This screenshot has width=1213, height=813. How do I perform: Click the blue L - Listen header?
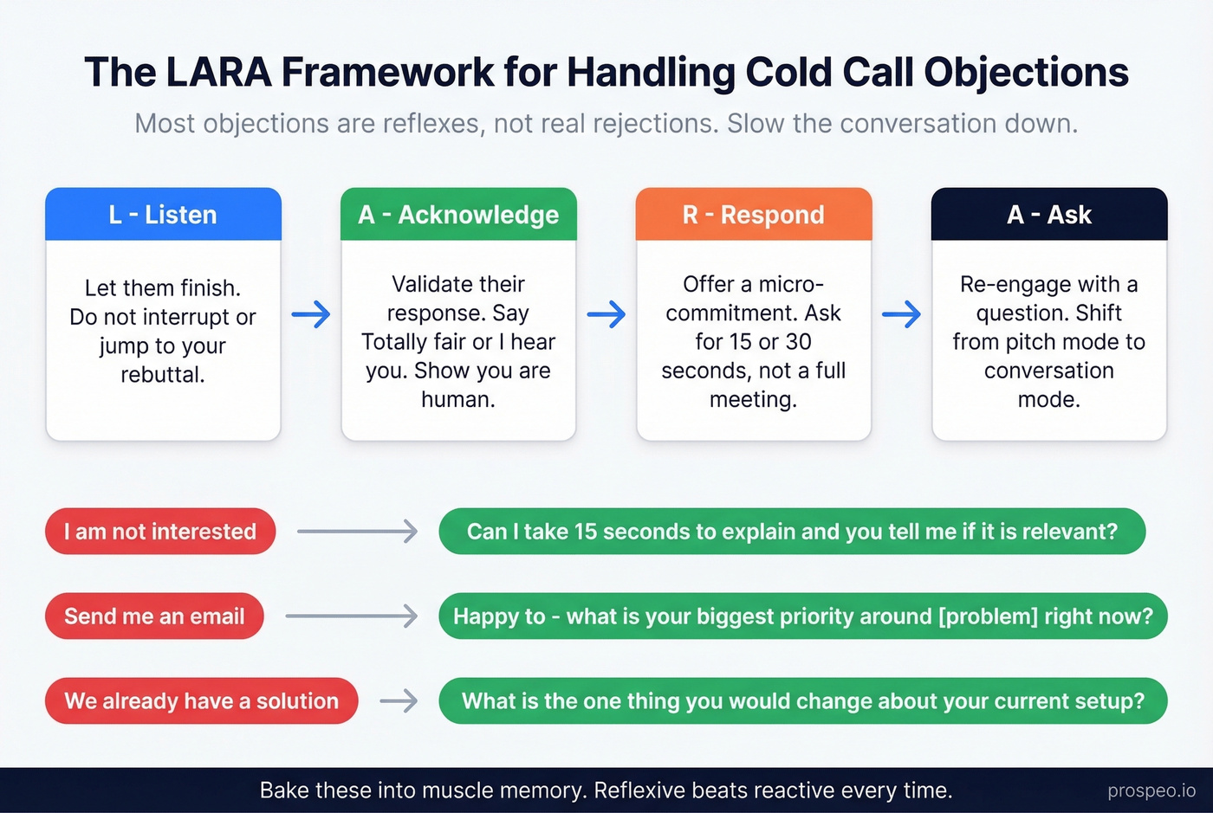163,215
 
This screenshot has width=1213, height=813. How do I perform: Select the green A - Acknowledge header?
458,215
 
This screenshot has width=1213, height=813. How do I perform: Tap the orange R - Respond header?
754,215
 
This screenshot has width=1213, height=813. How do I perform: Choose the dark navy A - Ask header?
1049,215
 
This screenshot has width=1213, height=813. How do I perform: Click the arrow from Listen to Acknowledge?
311,314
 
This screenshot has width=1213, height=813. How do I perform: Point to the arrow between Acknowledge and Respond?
606,314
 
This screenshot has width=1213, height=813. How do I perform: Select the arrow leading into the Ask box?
902,314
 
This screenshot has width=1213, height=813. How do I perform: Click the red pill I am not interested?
160,532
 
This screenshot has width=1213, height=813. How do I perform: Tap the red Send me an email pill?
154,616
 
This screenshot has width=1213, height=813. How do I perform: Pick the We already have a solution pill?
201,701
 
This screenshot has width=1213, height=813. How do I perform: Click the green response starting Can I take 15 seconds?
792,532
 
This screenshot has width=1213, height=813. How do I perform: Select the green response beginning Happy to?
803,616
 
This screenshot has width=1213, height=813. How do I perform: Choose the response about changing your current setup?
803,701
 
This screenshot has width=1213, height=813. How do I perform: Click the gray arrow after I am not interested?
357,532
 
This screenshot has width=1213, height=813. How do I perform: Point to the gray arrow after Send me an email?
351,616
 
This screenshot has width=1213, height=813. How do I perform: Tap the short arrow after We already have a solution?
399,701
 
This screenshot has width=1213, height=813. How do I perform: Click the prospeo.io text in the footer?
1151,791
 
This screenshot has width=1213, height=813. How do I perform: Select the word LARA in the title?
218,73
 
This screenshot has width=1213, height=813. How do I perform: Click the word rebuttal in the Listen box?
163,375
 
